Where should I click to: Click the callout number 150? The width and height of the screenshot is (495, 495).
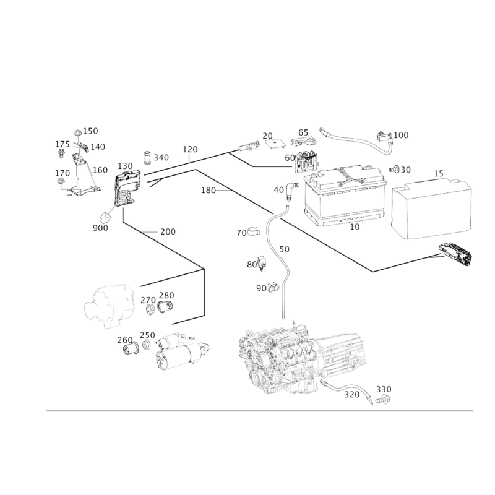(90, 131)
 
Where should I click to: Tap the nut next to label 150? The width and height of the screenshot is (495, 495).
(78, 133)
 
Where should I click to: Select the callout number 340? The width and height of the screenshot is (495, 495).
(161, 157)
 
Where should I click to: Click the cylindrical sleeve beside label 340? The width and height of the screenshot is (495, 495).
(147, 158)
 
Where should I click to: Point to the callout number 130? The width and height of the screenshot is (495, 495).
(126, 166)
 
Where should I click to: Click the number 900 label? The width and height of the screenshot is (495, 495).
(100, 228)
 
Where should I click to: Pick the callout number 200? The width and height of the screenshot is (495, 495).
(168, 231)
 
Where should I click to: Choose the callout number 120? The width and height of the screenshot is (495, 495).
(190, 149)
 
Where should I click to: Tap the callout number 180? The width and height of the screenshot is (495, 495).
(209, 191)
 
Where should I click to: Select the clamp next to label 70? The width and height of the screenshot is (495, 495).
(254, 231)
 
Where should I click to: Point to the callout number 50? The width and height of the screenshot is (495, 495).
(285, 249)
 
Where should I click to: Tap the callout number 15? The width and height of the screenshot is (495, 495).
(439, 174)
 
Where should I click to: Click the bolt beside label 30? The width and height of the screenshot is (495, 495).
(395, 169)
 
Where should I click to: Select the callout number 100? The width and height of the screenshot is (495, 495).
(401, 135)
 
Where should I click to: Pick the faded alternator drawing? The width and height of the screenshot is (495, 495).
(110, 306)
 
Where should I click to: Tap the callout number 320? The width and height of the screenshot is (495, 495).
(351, 395)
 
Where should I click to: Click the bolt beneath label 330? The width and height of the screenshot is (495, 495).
(383, 400)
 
